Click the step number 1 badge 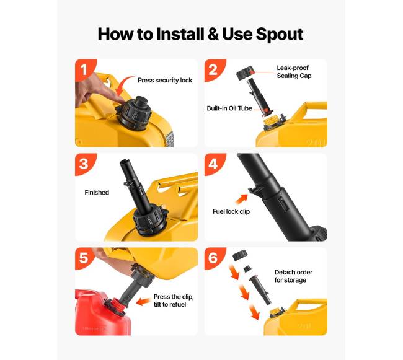[84, 69]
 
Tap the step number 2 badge [213, 69]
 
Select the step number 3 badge [84, 164]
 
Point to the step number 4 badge [213, 164]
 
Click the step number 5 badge [84, 258]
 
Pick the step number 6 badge [213, 258]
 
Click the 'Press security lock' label [165, 81]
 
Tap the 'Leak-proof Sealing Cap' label [294, 72]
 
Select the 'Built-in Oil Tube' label [229, 108]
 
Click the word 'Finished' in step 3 [97, 193]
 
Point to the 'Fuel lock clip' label [231, 211]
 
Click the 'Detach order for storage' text [293, 276]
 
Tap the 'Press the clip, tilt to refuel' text [174, 301]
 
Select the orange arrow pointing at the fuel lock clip [242, 199]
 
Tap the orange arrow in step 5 [143, 302]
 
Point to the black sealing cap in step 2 [245, 72]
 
